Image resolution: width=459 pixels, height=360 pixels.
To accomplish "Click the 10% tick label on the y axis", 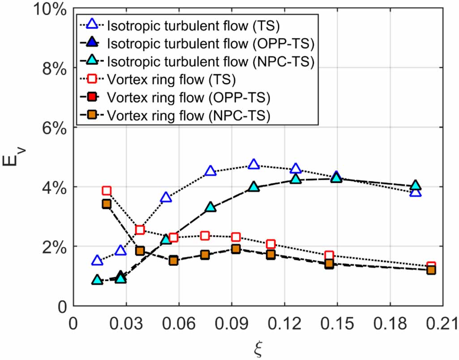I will click(47, 9).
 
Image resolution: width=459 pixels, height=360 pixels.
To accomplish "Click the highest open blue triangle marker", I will click(254, 164).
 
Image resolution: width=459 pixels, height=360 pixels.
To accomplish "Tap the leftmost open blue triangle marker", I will click(97, 261).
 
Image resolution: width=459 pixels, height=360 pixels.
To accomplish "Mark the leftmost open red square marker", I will click(106, 191).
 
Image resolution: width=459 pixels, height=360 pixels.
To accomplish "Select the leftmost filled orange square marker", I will click(106, 204).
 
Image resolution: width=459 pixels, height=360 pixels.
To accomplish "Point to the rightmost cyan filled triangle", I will click(416, 185).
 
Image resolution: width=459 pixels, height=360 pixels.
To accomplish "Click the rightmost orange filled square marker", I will click(431, 270).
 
